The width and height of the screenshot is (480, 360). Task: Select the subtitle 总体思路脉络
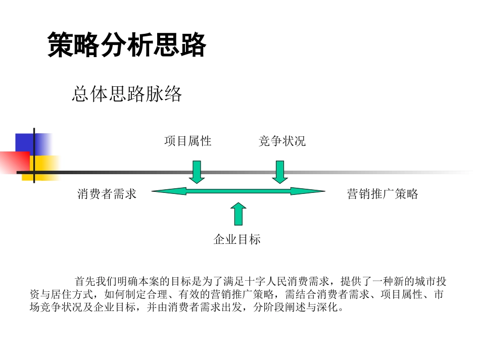[127, 94]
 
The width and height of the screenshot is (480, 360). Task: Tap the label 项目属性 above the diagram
[187, 141]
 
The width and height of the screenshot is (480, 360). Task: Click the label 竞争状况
[282, 141]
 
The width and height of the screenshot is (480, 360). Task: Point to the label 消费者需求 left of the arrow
[107, 194]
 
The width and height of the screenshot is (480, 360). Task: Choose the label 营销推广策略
[382, 194]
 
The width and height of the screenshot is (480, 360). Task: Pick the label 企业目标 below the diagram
[237, 239]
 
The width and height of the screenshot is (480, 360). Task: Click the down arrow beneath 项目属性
[197, 172]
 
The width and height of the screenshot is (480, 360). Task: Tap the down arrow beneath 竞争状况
[279, 172]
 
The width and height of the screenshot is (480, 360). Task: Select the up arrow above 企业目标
[238, 213]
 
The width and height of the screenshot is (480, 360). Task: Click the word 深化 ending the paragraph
[327, 308]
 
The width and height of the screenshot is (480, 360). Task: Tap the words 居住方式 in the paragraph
[80, 295]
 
